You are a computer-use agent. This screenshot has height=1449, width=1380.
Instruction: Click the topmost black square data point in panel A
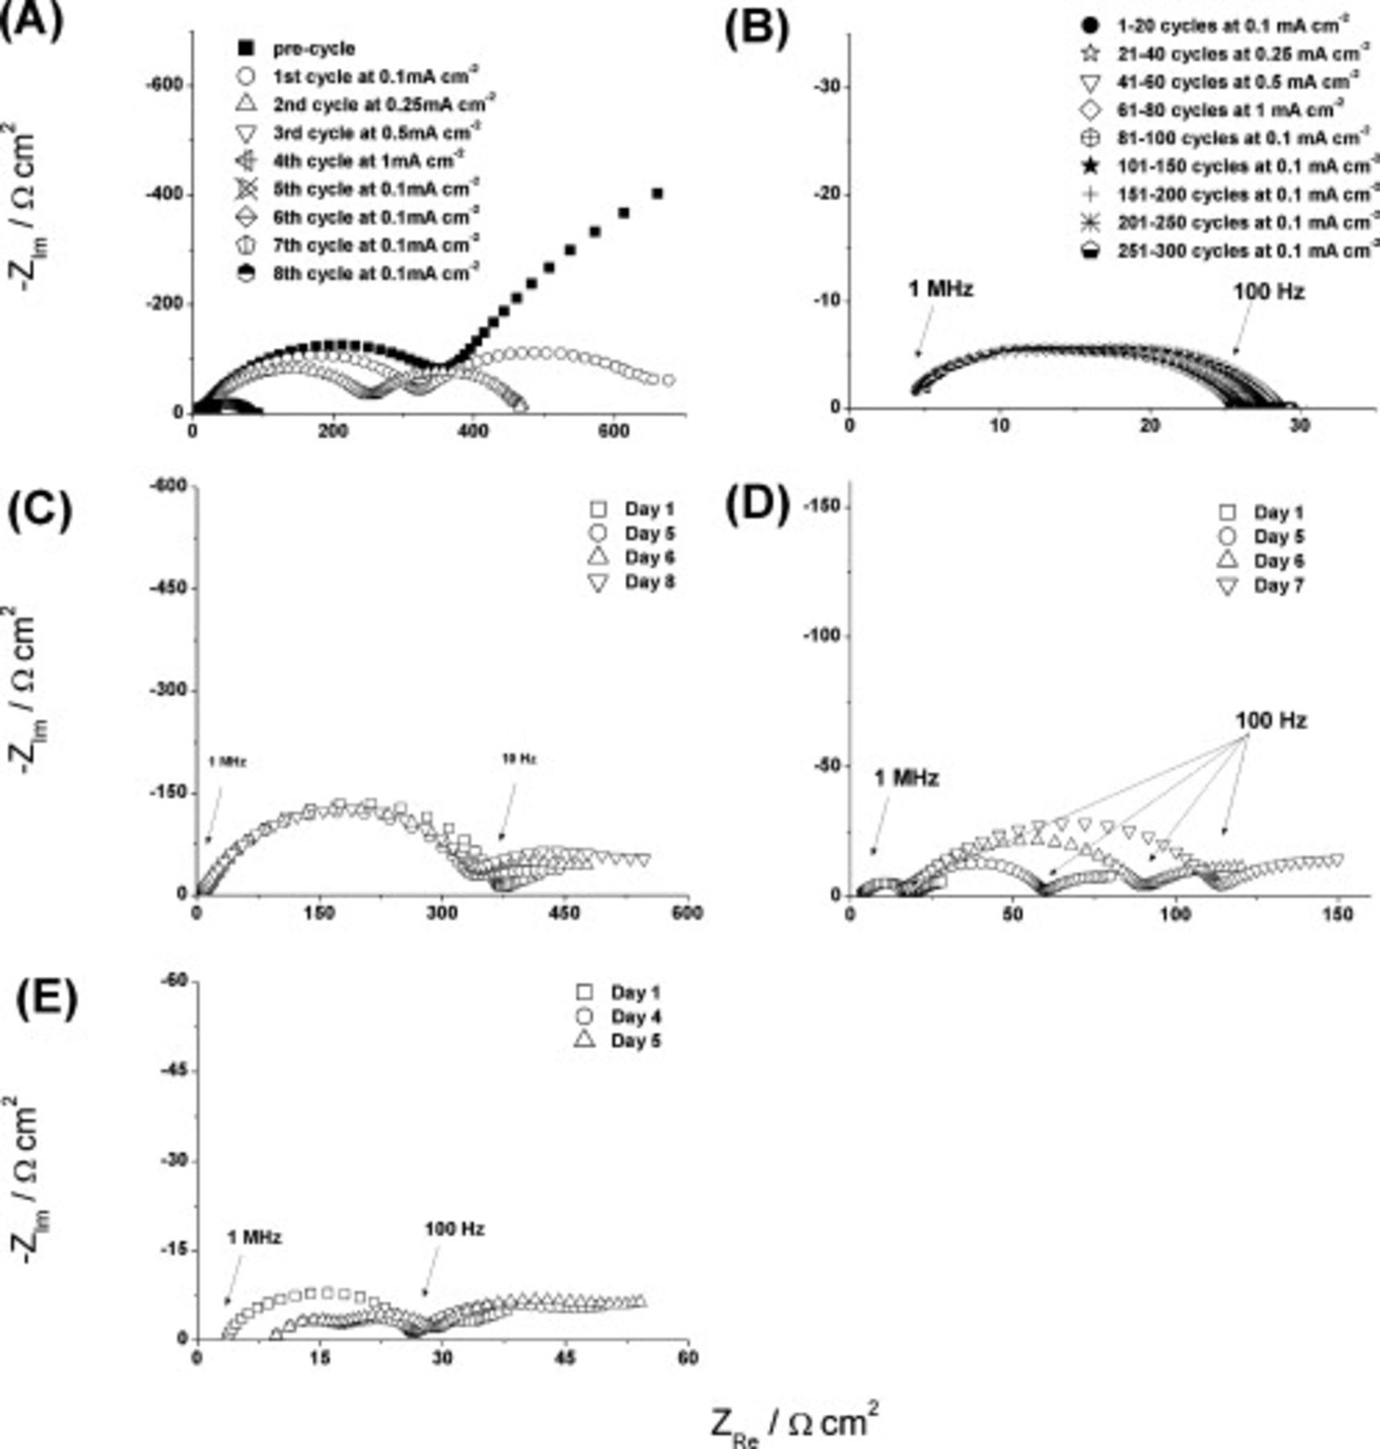[x=657, y=193]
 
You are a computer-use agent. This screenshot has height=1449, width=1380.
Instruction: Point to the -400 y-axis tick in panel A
[x=163, y=195]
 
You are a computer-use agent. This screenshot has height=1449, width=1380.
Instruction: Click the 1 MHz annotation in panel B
[x=940, y=289]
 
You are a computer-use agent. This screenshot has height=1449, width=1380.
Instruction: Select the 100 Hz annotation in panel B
[x=1268, y=291]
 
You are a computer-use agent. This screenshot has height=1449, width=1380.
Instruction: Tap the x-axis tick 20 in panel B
[x=1150, y=427]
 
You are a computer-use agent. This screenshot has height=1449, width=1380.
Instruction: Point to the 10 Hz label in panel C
[x=519, y=758]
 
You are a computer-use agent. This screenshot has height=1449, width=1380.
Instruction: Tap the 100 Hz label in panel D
[x=1271, y=720]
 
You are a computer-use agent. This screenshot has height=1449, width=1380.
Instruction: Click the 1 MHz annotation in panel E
[x=254, y=1237]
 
